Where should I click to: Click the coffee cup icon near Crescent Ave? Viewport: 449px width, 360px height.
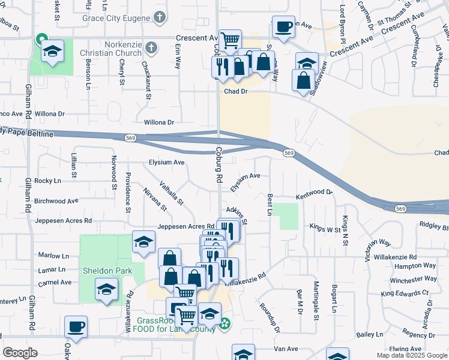tap(283, 27)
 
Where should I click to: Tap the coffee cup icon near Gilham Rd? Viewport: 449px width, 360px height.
tap(76, 327)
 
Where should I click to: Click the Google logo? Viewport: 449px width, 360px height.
tap(20, 353)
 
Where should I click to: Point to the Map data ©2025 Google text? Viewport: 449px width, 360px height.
tap(411, 355)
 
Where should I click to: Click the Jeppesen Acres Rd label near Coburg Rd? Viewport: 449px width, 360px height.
tap(186, 227)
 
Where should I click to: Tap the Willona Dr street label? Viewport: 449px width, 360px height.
tap(159, 122)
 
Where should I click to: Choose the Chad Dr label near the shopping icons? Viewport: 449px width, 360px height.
tap(236, 92)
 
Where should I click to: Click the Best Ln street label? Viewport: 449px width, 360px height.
tap(270, 205)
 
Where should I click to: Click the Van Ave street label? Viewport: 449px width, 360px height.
tap(286, 349)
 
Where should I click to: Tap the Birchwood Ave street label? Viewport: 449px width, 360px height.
tap(56, 201)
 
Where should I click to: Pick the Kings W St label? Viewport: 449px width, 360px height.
tap(325, 228)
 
